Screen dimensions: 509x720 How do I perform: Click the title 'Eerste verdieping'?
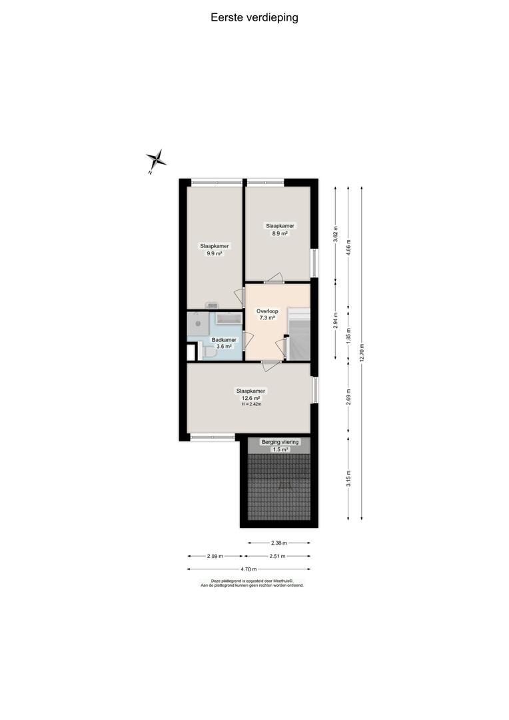point(254,18)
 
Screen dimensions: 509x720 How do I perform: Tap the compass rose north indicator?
point(156,161)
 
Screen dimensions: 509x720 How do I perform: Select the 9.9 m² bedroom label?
point(215,249)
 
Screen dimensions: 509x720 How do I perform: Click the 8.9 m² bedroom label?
point(280,229)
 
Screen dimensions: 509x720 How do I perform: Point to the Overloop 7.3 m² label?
point(267,314)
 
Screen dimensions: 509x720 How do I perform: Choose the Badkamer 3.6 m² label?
point(224,343)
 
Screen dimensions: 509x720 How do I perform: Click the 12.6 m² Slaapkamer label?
point(251,395)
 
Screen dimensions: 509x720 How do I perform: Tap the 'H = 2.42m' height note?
point(251,405)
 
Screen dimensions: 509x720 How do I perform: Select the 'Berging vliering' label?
point(280,442)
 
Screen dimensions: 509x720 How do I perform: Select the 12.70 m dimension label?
point(362,353)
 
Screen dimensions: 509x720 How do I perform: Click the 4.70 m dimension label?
point(249,569)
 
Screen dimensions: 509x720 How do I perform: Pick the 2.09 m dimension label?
point(215,556)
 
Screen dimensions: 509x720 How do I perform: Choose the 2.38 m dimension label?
point(278,543)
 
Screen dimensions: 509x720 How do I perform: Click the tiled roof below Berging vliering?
point(279,487)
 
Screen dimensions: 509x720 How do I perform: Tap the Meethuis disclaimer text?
point(252,583)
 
